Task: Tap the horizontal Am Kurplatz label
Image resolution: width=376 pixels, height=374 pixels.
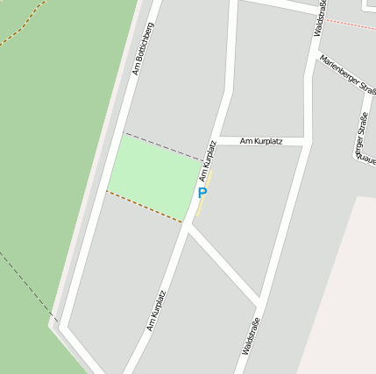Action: (260, 140)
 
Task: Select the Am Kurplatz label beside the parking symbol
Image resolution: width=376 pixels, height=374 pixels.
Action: (208, 160)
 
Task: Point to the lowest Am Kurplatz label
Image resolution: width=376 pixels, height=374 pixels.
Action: (156, 311)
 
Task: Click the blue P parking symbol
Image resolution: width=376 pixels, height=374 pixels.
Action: (202, 194)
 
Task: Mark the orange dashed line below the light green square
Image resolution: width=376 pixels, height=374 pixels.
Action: (145, 207)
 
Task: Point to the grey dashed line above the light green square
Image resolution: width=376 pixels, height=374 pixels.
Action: (162, 146)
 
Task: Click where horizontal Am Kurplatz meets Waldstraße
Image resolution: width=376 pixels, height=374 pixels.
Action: (306, 140)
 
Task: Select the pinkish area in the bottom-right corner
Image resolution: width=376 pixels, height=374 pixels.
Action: (342, 298)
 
